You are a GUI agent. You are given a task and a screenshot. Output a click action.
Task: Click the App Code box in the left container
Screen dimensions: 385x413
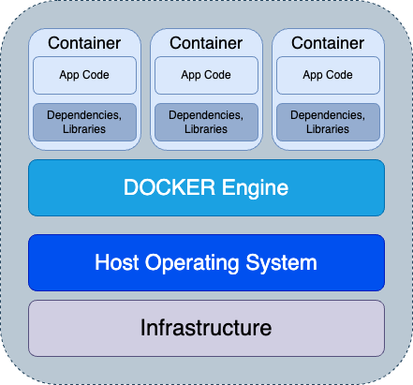tap(84, 75)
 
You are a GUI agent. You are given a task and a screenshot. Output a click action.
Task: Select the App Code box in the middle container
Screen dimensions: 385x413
tap(206, 75)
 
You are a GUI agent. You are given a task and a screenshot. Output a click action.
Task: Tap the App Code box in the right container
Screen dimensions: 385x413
tap(328, 75)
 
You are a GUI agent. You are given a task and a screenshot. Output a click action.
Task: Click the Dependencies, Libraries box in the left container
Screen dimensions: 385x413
tap(84, 122)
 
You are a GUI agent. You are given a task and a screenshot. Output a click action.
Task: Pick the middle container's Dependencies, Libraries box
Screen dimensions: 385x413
tap(206, 122)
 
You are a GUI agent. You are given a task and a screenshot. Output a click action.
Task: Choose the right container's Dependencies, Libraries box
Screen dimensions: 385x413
tap(328, 122)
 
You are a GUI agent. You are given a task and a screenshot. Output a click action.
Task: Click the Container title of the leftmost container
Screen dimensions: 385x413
tap(84, 43)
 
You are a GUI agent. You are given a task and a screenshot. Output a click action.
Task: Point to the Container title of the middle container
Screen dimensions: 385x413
tap(206, 43)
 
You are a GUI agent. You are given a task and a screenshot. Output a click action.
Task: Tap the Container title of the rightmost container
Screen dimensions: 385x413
tap(328, 43)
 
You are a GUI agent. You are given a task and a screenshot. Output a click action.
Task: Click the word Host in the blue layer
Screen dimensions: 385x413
tap(116, 262)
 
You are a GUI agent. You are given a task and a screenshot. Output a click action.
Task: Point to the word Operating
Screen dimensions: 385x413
tap(194, 263)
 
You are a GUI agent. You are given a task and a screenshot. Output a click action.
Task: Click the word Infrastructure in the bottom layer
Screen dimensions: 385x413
tap(206, 328)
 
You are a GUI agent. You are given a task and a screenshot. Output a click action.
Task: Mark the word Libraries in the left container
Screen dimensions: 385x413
tap(84, 128)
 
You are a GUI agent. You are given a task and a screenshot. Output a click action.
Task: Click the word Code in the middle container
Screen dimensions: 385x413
tap(218, 75)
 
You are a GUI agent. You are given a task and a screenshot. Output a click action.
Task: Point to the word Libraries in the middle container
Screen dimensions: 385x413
tap(206, 128)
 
